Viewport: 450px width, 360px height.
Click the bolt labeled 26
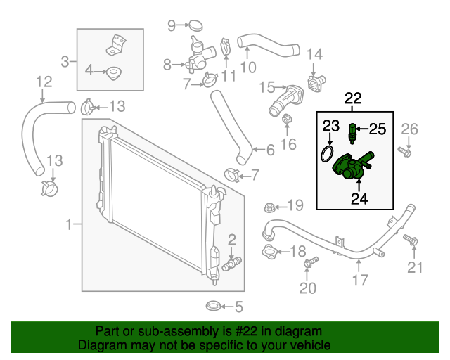(x=404, y=150)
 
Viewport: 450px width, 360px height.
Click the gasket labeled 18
(x=271, y=252)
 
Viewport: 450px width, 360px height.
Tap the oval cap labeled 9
(x=195, y=27)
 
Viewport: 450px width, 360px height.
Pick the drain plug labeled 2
(x=231, y=263)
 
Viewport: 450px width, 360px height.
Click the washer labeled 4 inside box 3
(x=112, y=71)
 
